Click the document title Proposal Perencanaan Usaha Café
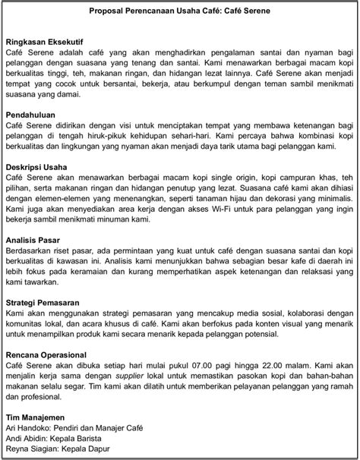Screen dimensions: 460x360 click(x=179, y=12)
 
